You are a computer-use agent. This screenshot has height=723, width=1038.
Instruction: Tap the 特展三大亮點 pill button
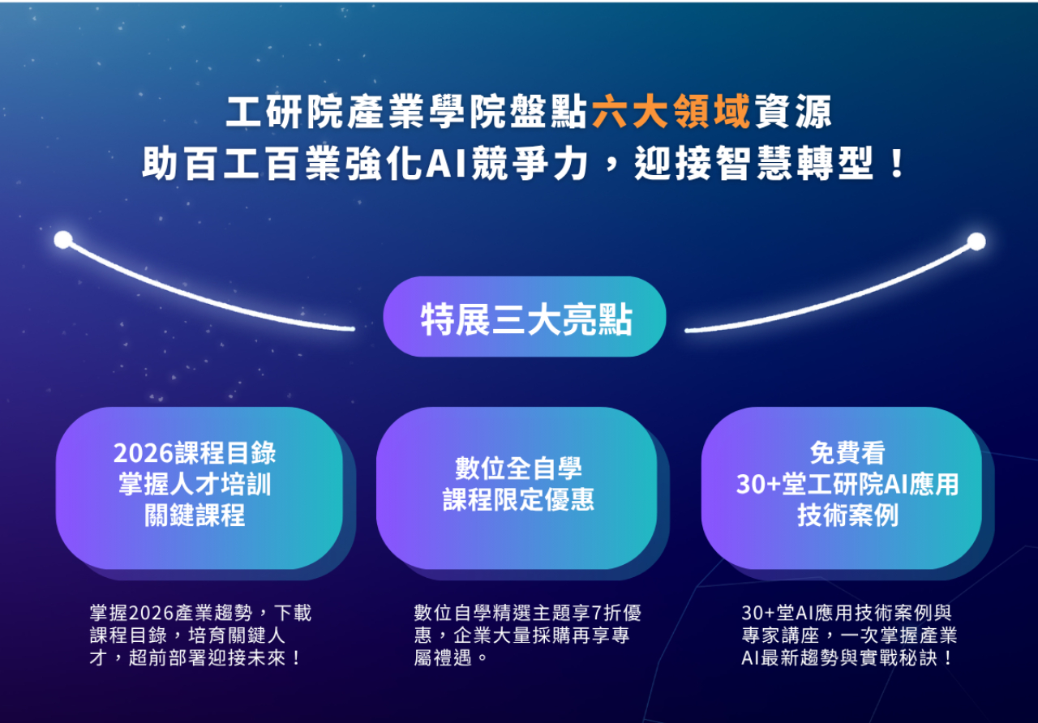pyautogui.click(x=525, y=318)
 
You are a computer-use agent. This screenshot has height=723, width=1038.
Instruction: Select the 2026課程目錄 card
pyautogui.click(x=199, y=486)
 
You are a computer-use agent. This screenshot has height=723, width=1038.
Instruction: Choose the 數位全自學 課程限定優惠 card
pyautogui.click(x=517, y=486)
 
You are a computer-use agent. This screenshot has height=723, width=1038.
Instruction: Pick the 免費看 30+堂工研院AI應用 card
pyautogui.click(x=841, y=486)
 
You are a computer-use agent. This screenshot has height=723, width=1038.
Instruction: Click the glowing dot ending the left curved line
pyautogui.click(x=62, y=240)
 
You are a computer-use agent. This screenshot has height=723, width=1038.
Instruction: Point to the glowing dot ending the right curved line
pyautogui.click(x=976, y=241)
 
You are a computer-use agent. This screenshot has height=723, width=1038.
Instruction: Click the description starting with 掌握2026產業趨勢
pyautogui.click(x=200, y=635)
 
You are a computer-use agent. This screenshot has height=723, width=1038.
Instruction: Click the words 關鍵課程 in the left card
pyautogui.click(x=195, y=516)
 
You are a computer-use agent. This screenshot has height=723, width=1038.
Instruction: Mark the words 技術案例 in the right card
pyautogui.click(x=847, y=516)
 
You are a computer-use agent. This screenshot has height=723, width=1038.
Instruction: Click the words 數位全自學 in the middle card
pyautogui.click(x=518, y=468)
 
